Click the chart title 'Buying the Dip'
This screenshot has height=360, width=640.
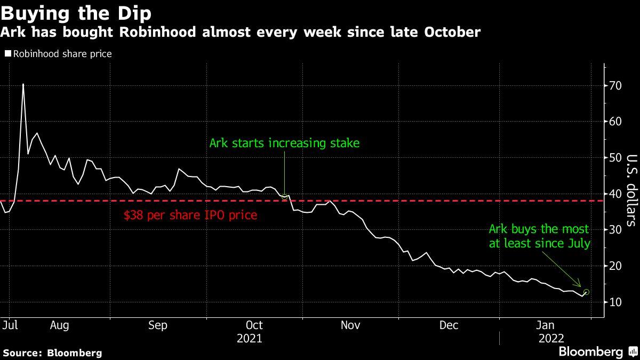pyautogui.click(x=76, y=12)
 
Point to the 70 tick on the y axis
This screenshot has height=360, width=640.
pyautogui.click(x=615, y=86)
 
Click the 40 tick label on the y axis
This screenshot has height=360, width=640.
pyautogui.click(x=615, y=194)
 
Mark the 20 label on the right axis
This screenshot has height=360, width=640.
pyautogui.click(x=615, y=266)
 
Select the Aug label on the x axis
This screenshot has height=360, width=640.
pyautogui.click(x=59, y=325)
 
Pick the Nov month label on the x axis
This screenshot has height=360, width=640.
pyautogui.click(x=350, y=325)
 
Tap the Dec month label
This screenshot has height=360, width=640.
pyautogui.click(x=449, y=325)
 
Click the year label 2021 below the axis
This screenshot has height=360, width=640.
pyautogui.click(x=250, y=339)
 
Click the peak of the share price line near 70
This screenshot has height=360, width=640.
pyautogui.click(x=23, y=84)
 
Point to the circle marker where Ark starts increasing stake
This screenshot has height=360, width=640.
pyautogui.click(x=285, y=196)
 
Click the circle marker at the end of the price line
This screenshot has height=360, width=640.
pyautogui.click(x=587, y=292)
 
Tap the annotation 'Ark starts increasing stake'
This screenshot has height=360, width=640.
pyautogui.click(x=285, y=143)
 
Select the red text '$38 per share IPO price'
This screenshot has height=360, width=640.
pyautogui.click(x=190, y=215)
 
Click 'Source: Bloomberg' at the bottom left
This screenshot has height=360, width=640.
pyautogui.click(x=52, y=353)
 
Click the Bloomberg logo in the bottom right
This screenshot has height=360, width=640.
pyautogui.click(x=590, y=352)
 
